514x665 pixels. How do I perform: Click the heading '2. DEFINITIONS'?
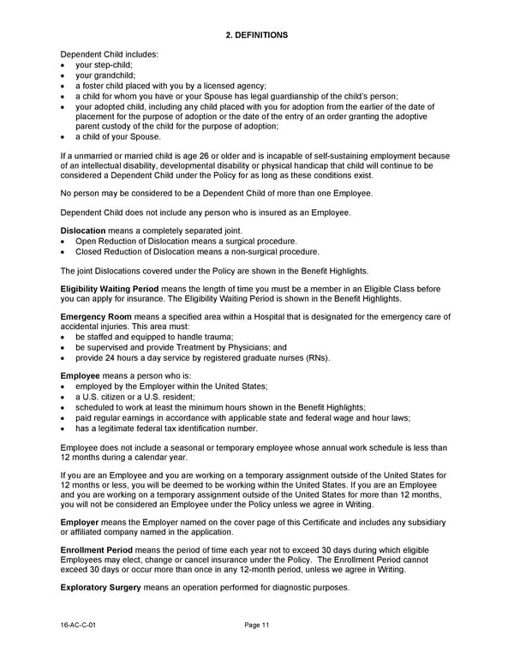point(256,35)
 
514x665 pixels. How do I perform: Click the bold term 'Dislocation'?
point(83,231)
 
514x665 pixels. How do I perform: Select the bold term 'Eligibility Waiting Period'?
point(110,290)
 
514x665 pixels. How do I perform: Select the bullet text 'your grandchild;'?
point(105,75)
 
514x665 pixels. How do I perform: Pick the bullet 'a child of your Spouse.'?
point(118,136)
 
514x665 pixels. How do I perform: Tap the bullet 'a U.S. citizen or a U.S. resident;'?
point(135,397)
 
